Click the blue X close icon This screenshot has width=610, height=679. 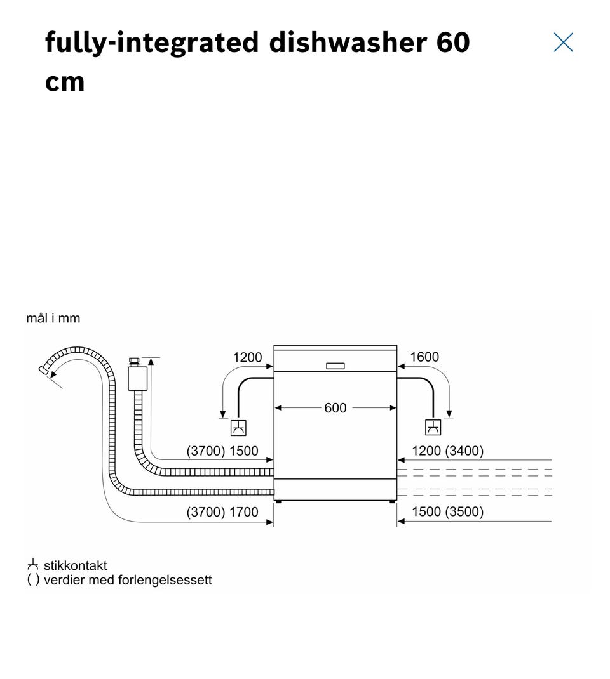(x=563, y=43)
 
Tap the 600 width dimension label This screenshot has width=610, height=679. (x=335, y=408)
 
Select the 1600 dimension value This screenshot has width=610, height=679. (x=424, y=357)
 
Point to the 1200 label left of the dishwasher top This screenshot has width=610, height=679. (x=247, y=358)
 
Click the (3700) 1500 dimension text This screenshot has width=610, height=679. (x=222, y=451)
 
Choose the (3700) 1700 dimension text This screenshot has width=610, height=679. (x=222, y=512)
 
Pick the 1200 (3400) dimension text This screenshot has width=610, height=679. (x=447, y=451)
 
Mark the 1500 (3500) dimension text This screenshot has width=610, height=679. (x=447, y=512)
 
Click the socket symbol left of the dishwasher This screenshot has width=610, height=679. (x=238, y=428)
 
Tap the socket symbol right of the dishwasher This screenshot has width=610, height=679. (x=433, y=428)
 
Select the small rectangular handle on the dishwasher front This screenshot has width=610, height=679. (x=335, y=366)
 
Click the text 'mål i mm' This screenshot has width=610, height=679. (x=53, y=319)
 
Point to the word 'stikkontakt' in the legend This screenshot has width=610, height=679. (x=75, y=565)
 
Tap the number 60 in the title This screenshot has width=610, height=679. (x=453, y=43)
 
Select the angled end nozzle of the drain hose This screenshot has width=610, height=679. (x=45, y=370)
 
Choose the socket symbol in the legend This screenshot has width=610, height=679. (x=33, y=565)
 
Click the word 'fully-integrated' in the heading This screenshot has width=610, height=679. (x=152, y=43)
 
